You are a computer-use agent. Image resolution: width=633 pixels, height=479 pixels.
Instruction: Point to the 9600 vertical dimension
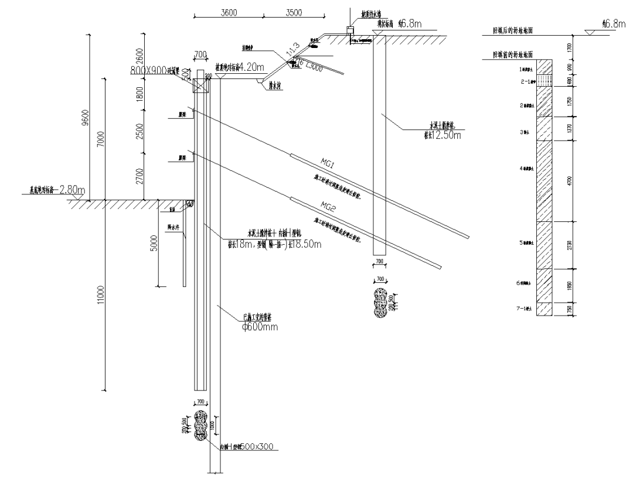pos(86,118)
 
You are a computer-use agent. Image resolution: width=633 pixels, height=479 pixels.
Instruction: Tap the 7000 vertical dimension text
pos(101,139)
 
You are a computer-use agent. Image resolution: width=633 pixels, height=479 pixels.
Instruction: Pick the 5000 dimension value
pos(153,243)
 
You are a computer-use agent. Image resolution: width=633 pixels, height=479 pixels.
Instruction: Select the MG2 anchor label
pos(327,204)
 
